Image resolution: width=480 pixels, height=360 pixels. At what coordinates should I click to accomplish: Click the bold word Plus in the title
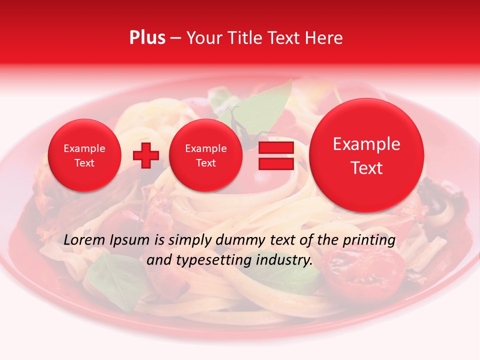[x=147, y=38]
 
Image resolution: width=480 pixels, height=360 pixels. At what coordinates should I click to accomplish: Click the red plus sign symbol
[x=145, y=155]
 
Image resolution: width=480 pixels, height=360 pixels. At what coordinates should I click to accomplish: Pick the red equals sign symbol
[x=275, y=155]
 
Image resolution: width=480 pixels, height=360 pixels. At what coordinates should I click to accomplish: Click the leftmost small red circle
[x=84, y=155]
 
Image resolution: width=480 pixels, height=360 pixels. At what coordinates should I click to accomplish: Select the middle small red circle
[x=205, y=155]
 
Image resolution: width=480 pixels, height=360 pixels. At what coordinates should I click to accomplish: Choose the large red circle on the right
[x=366, y=155]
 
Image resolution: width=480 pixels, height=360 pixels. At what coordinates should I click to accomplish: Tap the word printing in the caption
[x=368, y=240]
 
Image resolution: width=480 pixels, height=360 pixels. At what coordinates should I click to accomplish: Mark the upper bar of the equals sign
[x=275, y=147]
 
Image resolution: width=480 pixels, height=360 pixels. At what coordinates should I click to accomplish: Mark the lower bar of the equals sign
[x=275, y=163]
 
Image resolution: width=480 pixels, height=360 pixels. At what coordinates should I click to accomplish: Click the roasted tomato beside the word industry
[x=362, y=270]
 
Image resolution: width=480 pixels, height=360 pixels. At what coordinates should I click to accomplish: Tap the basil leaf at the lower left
[x=112, y=280]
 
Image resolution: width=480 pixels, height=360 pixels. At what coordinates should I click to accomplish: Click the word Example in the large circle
[x=366, y=144]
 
